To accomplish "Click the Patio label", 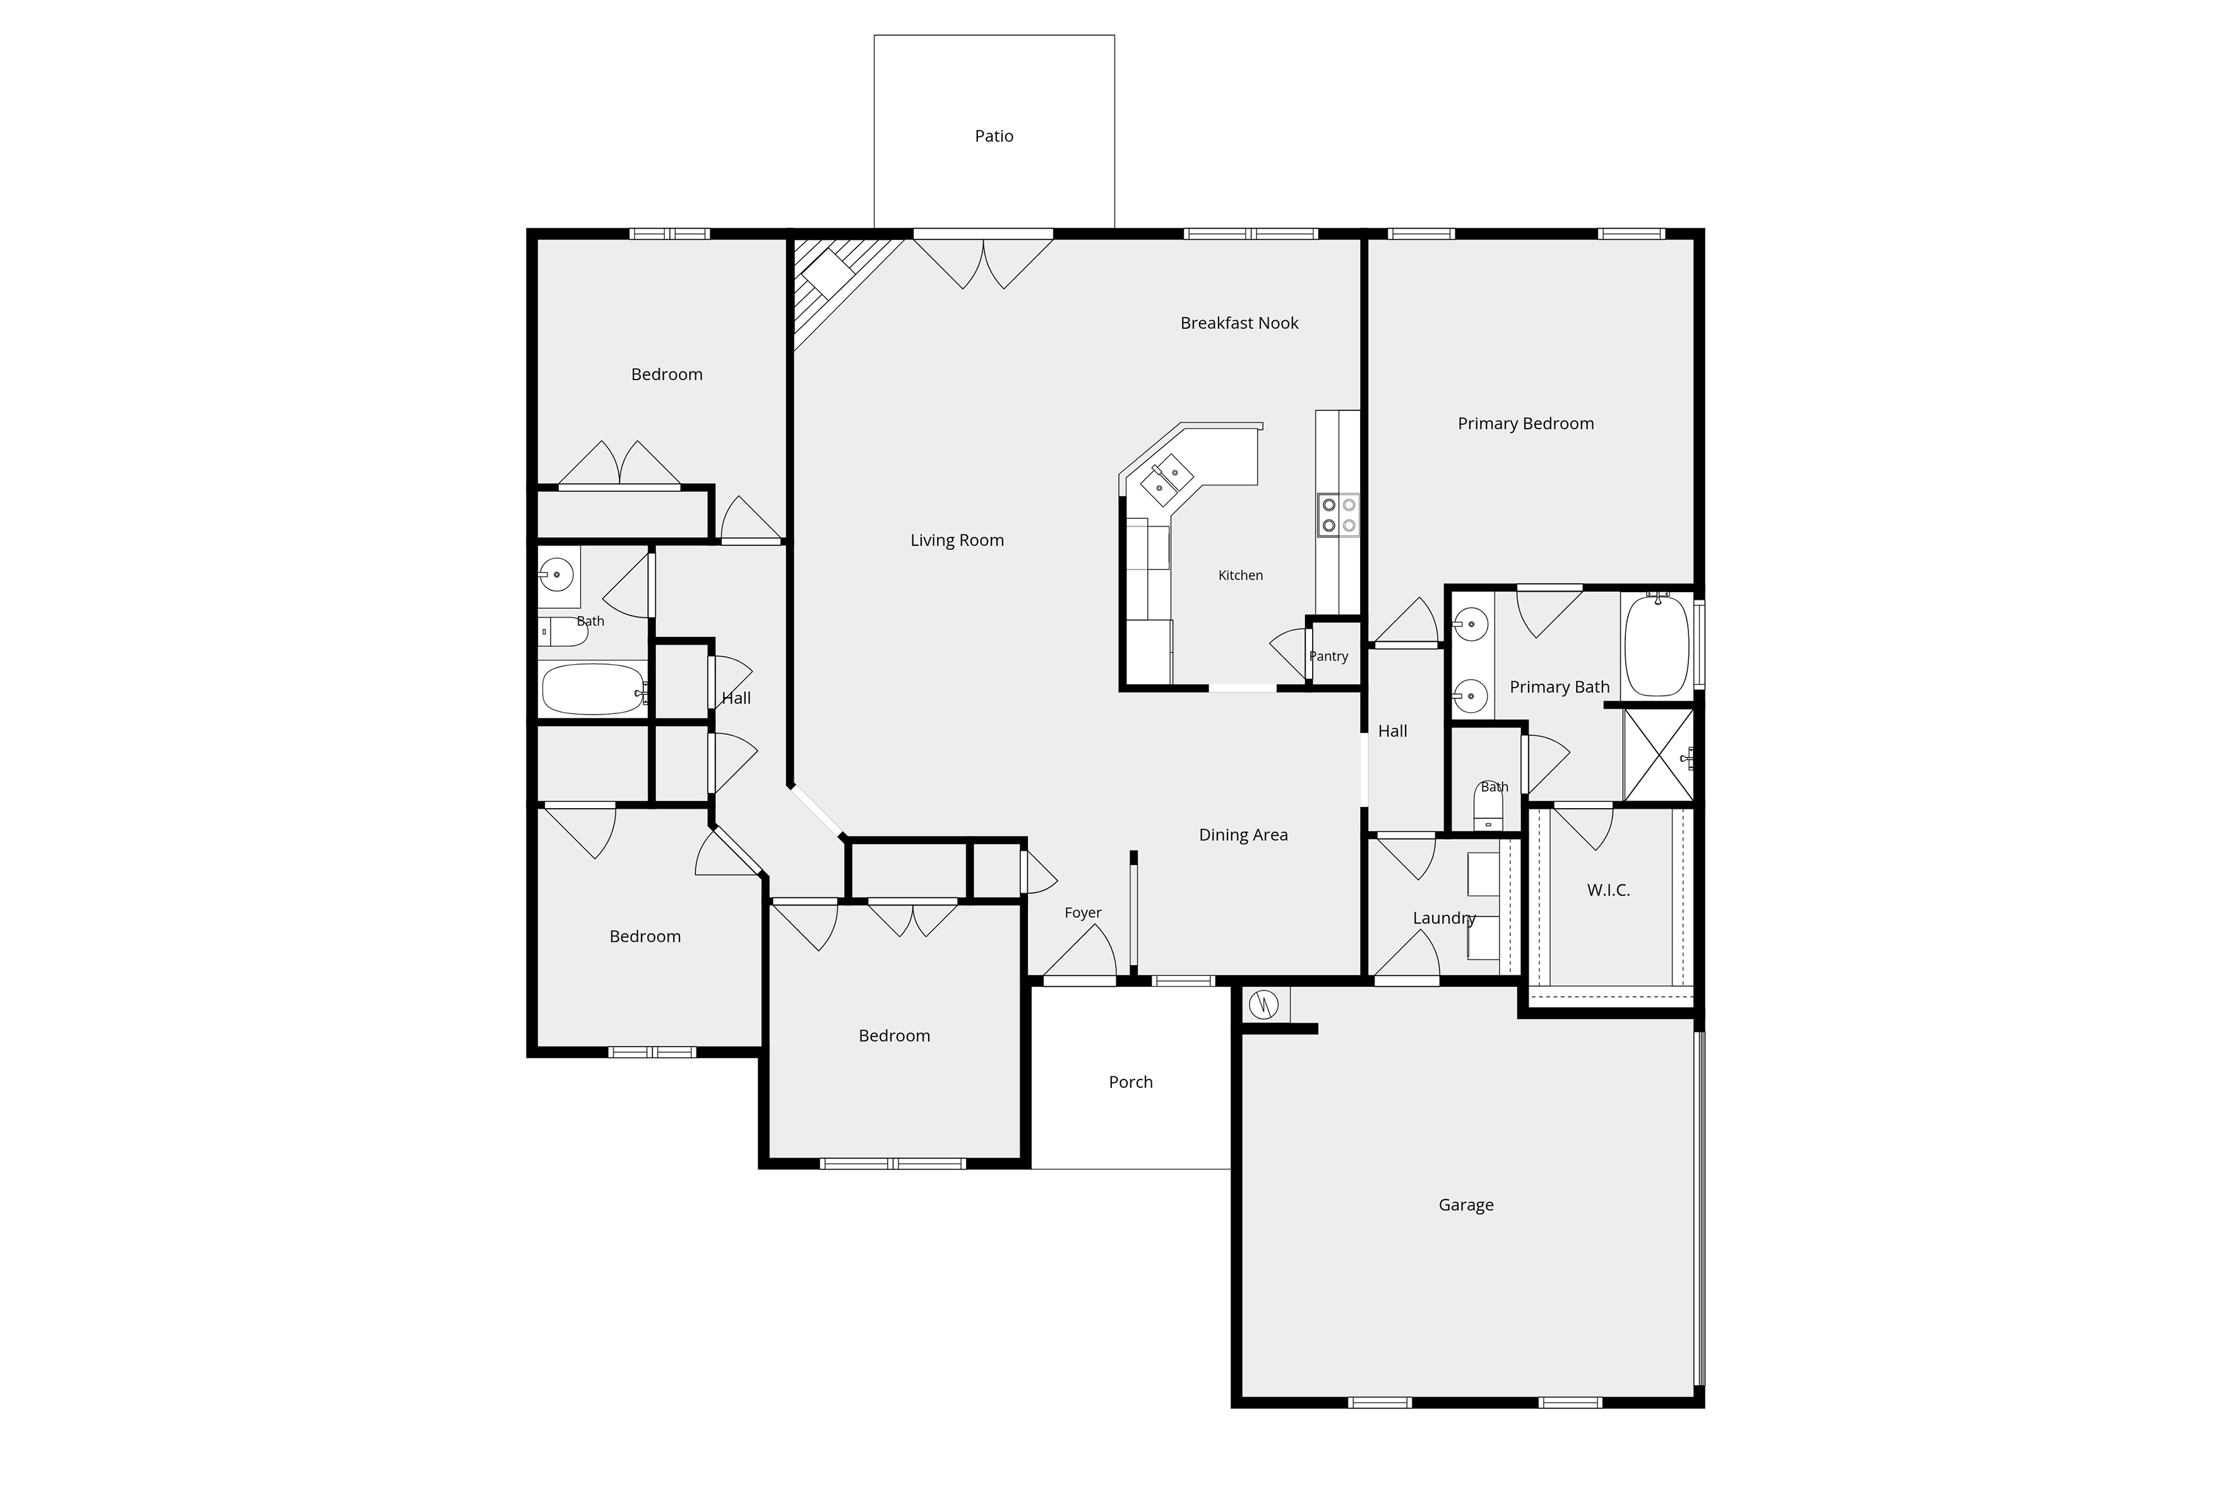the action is [994, 136].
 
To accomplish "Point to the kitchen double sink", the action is [1166, 479].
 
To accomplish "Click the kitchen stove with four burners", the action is [1337, 515].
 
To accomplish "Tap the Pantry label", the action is [1328, 657].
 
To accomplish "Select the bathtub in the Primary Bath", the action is [1657, 645].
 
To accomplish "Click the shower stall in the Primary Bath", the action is [1658, 754].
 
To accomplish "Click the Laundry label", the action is [1443, 919].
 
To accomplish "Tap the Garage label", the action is [1465, 1205].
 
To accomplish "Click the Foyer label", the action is [1083, 913].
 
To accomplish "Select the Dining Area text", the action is [1243, 835].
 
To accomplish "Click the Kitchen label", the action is [1240, 575].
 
